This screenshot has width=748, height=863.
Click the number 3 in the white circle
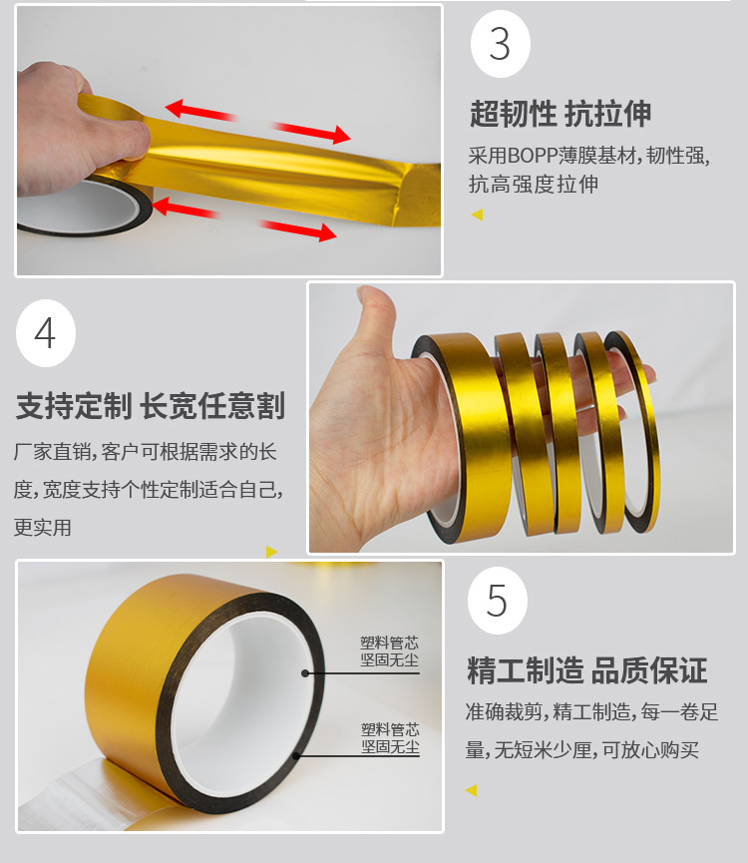coord(500,44)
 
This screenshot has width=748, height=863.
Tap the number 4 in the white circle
coord(45,333)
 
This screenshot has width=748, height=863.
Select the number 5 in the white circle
coord(497,601)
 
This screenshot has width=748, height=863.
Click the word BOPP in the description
coord(533,156)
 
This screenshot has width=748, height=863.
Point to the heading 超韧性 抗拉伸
coord(561,114)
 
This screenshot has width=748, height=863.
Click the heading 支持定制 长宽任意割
coord(151,406)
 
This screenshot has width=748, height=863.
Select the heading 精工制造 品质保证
coord(586,670)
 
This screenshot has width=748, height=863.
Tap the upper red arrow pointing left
coord(201,111)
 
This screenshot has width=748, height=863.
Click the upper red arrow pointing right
coord(310,132)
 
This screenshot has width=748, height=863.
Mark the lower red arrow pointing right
coord(297,230)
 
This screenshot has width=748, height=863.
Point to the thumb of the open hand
coord(373,319)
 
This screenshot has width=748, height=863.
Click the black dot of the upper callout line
coord(305,673)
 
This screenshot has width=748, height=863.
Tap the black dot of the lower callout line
coord(296,755)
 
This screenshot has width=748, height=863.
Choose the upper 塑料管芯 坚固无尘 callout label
coord(389,651)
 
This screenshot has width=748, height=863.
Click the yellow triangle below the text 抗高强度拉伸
coord(478,215)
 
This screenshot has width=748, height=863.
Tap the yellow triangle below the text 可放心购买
coord(472,791)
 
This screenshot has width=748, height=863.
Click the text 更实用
coord(43,528)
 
